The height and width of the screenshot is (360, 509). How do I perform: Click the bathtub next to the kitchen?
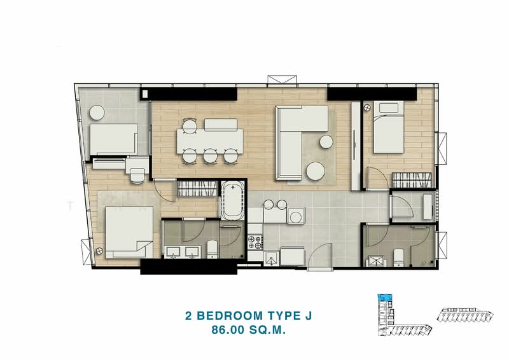(232, 202)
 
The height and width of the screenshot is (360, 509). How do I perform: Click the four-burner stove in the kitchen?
(255, 242)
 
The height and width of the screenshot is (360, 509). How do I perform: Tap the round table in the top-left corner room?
(97, 113)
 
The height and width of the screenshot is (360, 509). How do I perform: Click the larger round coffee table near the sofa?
(316, 170)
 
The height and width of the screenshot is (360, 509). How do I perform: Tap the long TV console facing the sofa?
(355, 146)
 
